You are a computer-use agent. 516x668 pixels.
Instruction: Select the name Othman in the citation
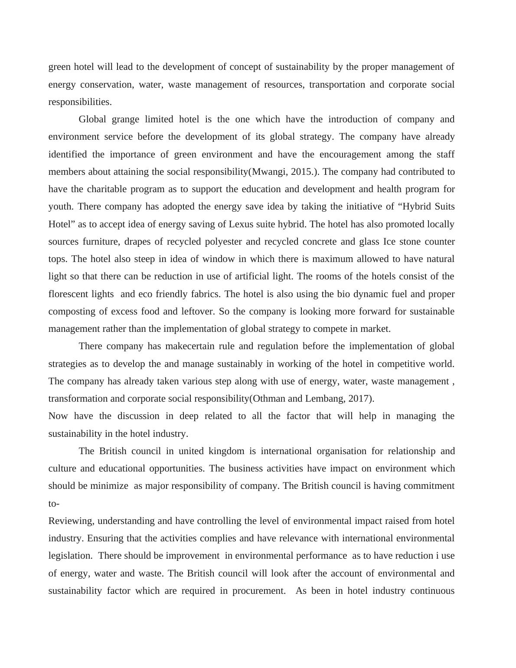tap(269, 399)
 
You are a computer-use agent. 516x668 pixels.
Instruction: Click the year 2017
tap(359, 399)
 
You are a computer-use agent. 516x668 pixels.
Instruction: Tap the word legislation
tap(70, 556)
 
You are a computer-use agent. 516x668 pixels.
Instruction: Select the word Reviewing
tap(70, 521)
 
